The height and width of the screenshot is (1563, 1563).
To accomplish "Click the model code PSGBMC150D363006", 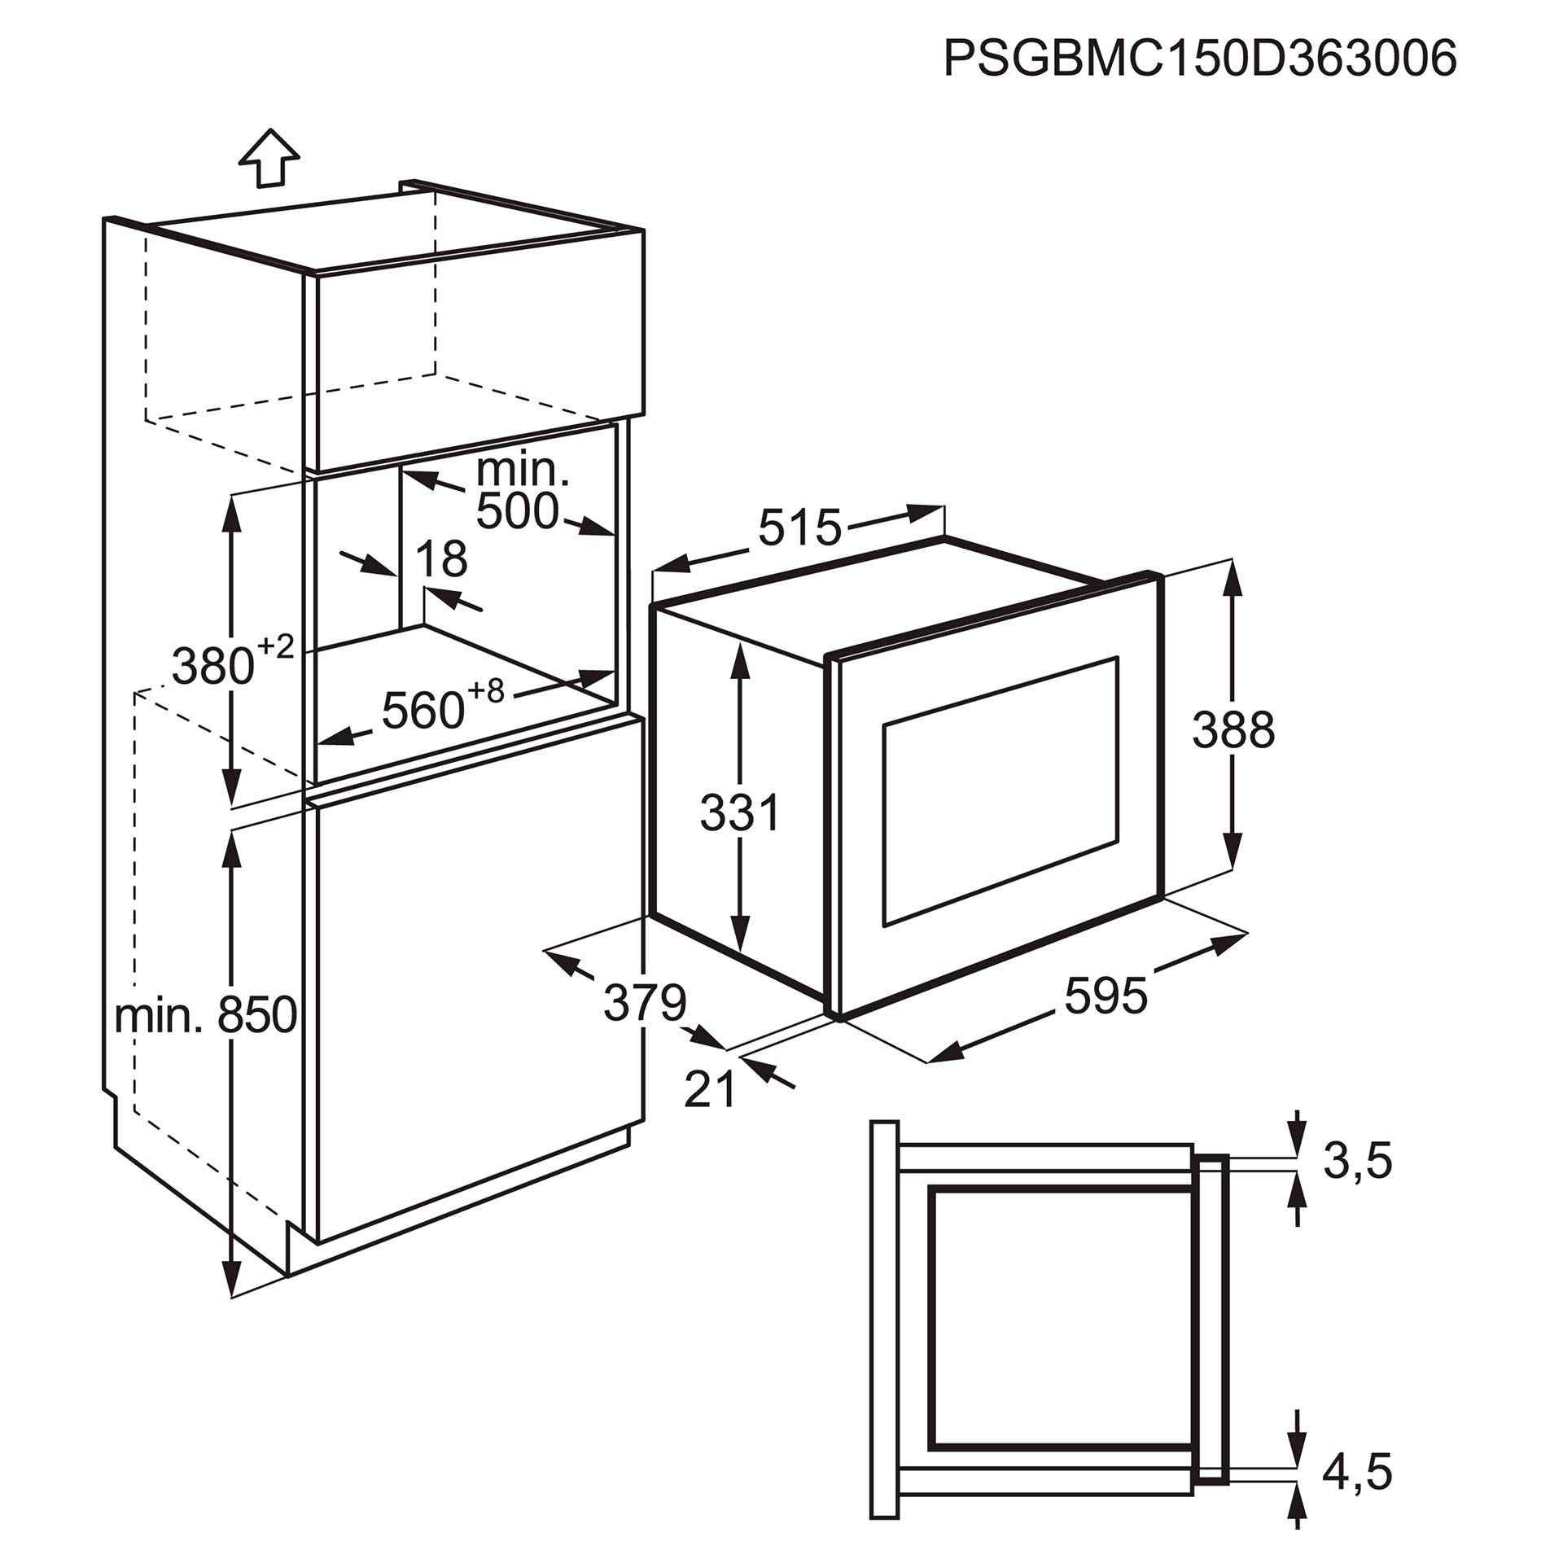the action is tap(1200, 59).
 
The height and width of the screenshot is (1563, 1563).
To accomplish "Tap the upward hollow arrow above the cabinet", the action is tap(269, 158).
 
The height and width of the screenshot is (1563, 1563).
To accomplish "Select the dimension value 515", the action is tap(799, 528).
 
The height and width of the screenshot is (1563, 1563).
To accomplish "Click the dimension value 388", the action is tap(1233, 729).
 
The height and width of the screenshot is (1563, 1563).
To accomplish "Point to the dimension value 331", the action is tap(740, 812).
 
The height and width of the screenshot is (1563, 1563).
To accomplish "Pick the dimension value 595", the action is tap(1106, 996).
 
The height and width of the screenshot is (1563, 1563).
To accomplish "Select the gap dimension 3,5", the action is tap(1357, 1162).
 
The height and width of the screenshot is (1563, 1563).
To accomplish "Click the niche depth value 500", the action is tap(518, 511).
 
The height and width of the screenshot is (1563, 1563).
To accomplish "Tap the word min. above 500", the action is tap(523, 470).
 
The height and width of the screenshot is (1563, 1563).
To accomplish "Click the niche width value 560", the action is tap(422, 710).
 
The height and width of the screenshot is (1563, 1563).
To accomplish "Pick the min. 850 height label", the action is tap(205, 1016).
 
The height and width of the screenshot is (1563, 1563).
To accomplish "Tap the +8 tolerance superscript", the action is tap(486, 691).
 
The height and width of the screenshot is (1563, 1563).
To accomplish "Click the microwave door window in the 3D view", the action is tap(1000, 790).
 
